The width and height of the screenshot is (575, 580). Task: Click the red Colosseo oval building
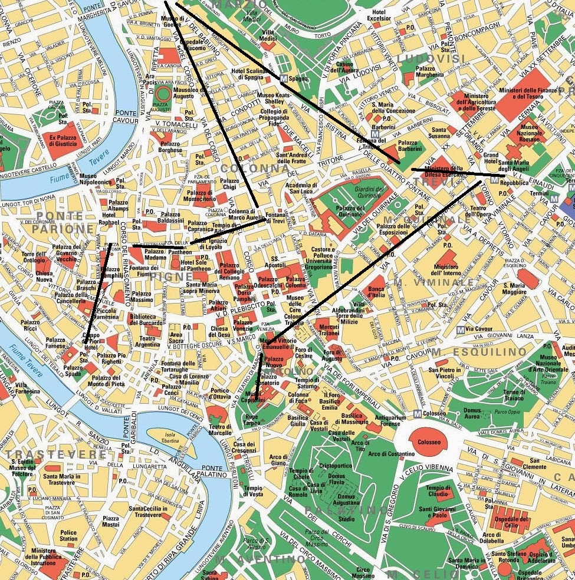[x=429, y=442]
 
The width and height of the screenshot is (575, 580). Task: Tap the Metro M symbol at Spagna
[x=284, y=78]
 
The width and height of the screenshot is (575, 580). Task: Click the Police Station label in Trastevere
[x=68, y=535]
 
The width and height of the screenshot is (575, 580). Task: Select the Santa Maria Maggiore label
[x=514, y=289]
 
